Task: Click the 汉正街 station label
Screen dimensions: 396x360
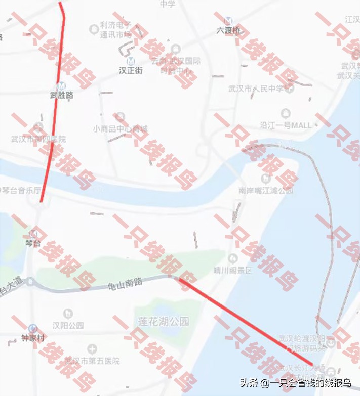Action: pos(130,71)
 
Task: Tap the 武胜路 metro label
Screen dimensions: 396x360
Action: pos(61,95)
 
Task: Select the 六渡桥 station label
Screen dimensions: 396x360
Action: pos(228,30)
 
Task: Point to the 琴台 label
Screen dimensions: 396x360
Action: pos(32,243)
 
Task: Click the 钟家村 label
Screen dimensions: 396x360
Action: pos(33,337)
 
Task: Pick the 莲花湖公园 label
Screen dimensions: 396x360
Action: pos(163,321)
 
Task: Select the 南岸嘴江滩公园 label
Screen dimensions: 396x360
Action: pos(265,191)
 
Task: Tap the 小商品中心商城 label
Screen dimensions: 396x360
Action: pos(120,129)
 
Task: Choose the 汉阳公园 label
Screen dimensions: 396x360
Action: pos(67,325)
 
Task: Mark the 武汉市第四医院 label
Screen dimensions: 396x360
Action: pos(38,139)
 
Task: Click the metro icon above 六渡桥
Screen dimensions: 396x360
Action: pos(228,20)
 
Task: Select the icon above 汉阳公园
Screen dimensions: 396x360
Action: pos(67,314)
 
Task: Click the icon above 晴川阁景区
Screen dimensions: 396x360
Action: pos(233,258)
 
